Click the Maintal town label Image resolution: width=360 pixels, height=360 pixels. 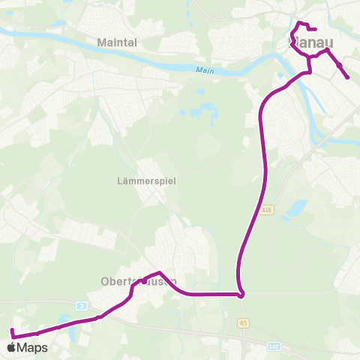(117, 43)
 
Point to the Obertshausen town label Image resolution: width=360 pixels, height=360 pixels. (139, 282)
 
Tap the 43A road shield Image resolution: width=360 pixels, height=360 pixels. (268, 209)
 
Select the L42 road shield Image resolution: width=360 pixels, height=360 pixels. (274, 346)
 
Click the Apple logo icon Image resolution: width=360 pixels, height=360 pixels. (11, 347)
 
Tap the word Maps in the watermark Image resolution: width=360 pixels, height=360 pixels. (33, 347)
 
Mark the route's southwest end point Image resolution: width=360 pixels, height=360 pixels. (12, 330)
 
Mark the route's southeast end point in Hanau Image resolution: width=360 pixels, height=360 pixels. (348, 78)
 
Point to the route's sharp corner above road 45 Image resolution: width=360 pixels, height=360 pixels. (241, 295)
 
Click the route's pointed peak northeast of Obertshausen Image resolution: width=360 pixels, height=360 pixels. (159, 273)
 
